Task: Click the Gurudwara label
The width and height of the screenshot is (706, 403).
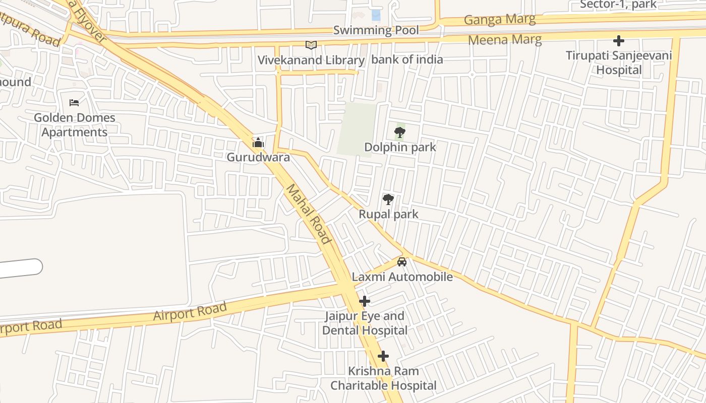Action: tap(258, 157)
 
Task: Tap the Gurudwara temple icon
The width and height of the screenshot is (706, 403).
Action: tap(258, 143)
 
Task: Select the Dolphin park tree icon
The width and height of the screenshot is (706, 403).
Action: tap(400, 133)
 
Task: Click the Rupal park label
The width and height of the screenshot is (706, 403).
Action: tap(388, 214)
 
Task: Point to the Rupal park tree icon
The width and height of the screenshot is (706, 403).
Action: tap(388, 199)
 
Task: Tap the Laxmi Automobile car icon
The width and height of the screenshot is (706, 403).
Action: tap(402, 262)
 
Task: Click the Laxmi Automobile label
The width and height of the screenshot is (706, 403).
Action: tap(402, 277)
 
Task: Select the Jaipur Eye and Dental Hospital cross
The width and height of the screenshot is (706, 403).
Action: tap(364, 301)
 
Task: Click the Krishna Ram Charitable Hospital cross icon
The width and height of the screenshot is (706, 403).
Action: tap(383, 357)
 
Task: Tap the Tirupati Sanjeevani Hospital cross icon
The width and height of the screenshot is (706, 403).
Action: tap(619, 41)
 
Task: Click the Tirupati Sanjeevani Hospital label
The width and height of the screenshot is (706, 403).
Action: tap(619, 62)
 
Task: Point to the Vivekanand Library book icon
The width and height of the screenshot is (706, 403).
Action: tap(311, 45)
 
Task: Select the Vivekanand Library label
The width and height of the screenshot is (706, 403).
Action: tap(311, 60)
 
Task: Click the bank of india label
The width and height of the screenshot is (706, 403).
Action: tap(407, 59)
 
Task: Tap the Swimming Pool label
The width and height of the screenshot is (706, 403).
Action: tap(376, 30)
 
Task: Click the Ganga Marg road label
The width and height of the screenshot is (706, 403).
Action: tap(499, 20)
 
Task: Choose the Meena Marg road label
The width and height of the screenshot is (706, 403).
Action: tap(505, 39)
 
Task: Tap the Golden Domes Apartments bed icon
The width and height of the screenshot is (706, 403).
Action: tap(74, 103)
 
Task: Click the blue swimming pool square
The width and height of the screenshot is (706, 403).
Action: tap(376, 15)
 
